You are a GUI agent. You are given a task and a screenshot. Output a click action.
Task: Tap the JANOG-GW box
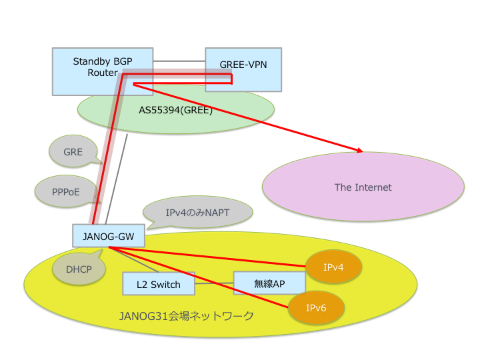pos(108,235)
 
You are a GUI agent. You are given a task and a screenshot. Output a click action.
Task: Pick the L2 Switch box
pos(158,284)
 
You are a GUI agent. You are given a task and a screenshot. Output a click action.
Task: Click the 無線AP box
pos(269,283)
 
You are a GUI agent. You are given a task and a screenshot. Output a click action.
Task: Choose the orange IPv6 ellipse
pos(316,308)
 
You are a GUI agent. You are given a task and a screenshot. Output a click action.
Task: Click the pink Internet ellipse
pos(363,187)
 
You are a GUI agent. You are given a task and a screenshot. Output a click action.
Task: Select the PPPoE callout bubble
pos(66,192)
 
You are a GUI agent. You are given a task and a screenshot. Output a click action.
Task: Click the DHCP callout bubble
pos(79,269)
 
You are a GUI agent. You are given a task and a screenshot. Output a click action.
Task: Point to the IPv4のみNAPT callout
pos(198,213)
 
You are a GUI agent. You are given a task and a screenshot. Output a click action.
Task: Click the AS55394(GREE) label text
pos(175,110)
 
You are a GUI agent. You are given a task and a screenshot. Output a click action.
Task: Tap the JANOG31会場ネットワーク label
pos(187,316)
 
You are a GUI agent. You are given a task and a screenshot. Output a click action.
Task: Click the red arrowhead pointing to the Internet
pos(361,151)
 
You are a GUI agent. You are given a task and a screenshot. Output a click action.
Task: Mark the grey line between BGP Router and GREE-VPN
pos(179,62)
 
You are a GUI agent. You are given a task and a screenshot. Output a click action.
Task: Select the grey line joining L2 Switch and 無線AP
pos(213,283)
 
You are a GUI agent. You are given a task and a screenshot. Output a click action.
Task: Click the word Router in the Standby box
pos(103,73)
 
